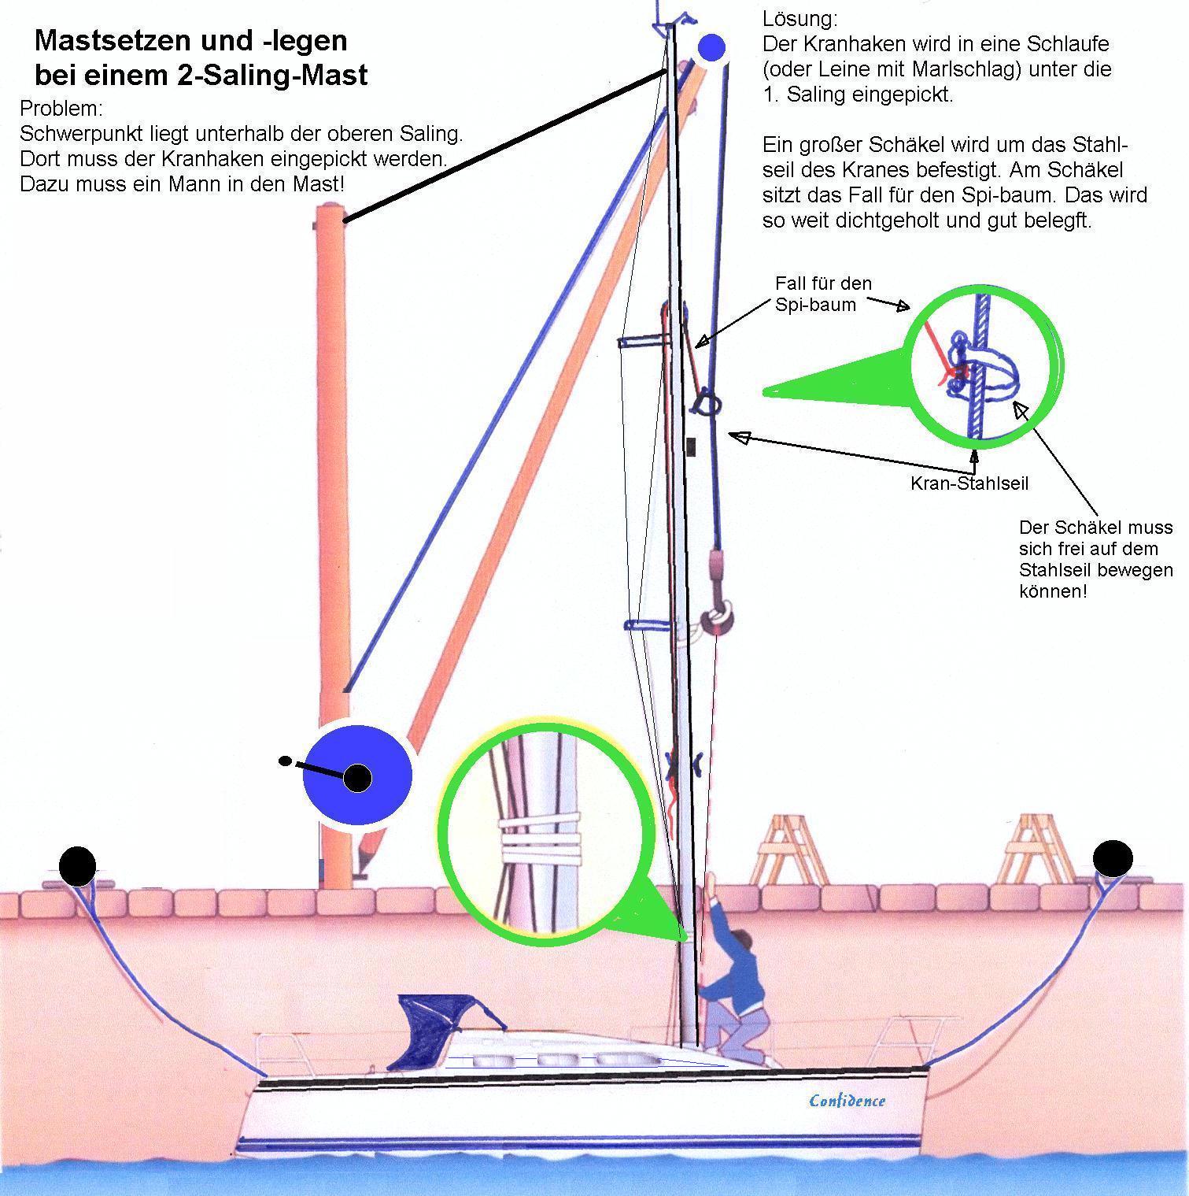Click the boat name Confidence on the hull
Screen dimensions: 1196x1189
coord(847,1100)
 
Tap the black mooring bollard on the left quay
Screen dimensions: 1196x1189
coord(78,865)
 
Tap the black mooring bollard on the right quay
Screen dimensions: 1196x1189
coord(1113,858)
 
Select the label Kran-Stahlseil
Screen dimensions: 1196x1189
coord(969,483)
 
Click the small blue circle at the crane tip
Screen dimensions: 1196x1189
coord(711,48)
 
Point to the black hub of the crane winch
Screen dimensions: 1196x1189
coord(358,778)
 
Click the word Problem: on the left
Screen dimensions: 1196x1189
coord(61,108)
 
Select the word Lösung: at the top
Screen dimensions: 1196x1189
coord(800,19)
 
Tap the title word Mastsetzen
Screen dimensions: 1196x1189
coord(113,40)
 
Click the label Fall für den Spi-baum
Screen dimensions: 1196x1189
coord(822,294)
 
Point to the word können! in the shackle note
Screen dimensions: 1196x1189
coord(1053,591)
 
